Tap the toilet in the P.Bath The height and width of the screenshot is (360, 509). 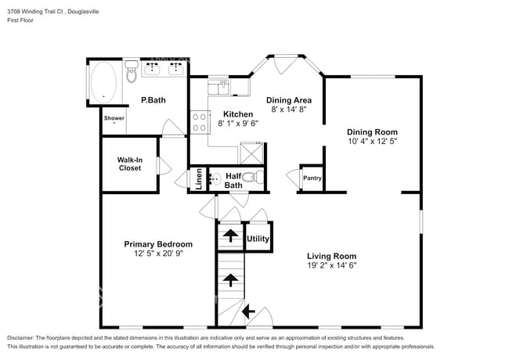(x=132, y=74)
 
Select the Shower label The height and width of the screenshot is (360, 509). (x=114, y=118)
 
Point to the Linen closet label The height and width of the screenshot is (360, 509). (x=199, y=179)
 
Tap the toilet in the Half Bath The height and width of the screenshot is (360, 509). (x=250, y=178)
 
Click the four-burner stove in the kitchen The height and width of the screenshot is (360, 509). (x=199, y=121)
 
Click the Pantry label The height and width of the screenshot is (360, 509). (x=312, y=178)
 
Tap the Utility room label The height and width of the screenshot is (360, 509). (x=258, y=239)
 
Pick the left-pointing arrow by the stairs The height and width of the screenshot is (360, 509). (x=248, y=312)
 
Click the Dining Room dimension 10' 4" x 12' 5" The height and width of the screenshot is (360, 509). (x=373, y=142)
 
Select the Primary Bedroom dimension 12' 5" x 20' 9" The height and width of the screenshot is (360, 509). (x=158, y=254)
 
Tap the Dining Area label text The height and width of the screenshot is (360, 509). (x=290, y=100)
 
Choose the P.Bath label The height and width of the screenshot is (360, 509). (x=152, y=100)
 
